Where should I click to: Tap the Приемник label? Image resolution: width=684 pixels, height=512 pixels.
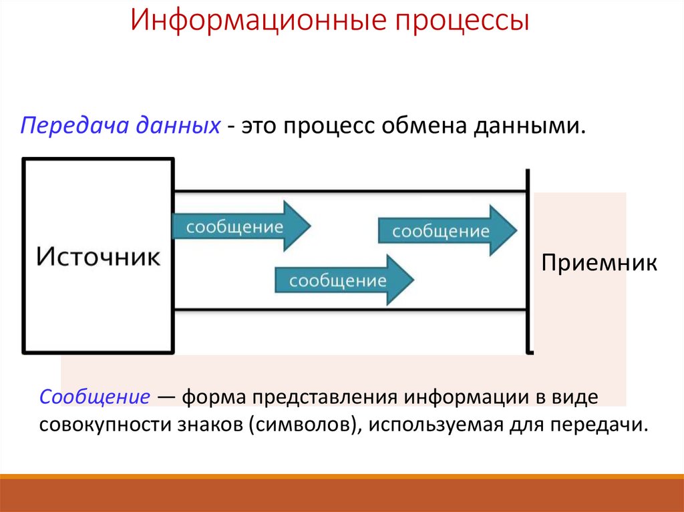click(x=599, y=262)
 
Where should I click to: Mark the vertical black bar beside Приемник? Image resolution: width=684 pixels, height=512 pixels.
click(x=528, y=260)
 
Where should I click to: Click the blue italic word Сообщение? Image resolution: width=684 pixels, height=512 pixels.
click(x=94, y=397)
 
